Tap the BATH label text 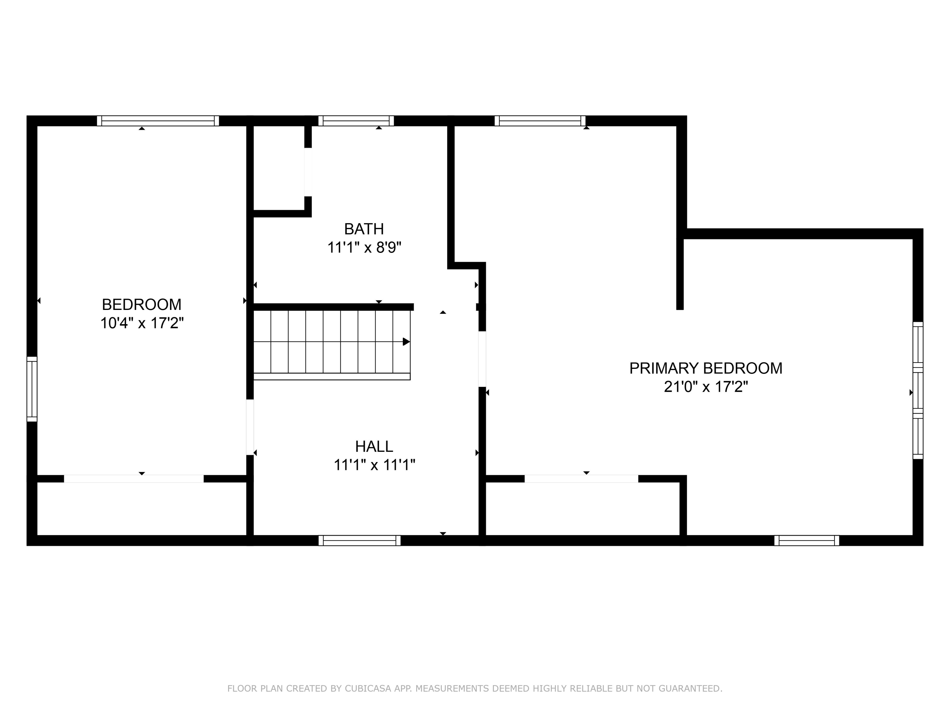(364, 229)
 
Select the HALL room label (374, 446)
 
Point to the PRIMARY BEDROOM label (706, 368)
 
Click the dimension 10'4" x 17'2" (142, 323)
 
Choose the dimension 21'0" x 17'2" (706, 387)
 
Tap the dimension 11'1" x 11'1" (374, 465)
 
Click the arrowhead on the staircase (406, 342)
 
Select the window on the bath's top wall (356, 121)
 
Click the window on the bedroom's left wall (32, 389)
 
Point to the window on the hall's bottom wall (359, 541)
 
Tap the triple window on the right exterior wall (918, 390)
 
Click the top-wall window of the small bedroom (158, 121)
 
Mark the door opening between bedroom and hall (250, 427)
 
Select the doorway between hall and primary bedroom (482, 359)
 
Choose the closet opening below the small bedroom (134, 479)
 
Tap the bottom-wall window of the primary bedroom (807, 541)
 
